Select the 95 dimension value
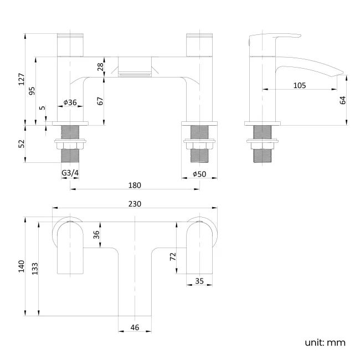(32, 90)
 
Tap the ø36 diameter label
(70, 102)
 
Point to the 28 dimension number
(100, 66)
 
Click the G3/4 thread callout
(70, 173)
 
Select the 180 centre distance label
(135, 185)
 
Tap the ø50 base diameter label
(199, 173)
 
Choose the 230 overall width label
(135, 204)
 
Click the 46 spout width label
(135, 327)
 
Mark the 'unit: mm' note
(325, 342)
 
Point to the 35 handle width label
(199, 281)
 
